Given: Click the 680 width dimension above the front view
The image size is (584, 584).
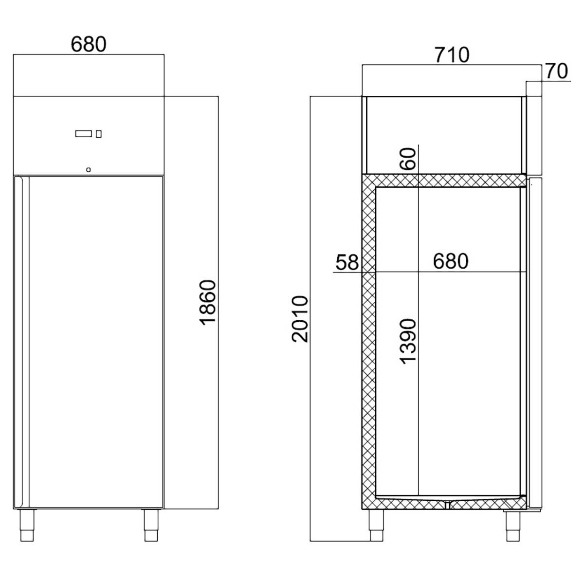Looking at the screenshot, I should click(x=88, y=44).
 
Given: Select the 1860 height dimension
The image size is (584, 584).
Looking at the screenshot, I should click(x=207, y=302).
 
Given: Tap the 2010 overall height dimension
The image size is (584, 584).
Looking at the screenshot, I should click(x=300, y=319).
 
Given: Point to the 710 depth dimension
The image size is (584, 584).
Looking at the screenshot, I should click(x=452, y=55).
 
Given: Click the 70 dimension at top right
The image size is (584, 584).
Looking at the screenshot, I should click(x=556, y=72).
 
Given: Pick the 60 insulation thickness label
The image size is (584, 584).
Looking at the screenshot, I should click(x=409, y=158).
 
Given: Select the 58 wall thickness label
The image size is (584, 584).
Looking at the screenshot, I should click(x=347, y=262).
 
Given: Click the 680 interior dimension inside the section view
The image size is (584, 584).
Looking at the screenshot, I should click(x=450, y=261).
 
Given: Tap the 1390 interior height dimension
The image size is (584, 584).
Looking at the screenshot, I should click(x=407, y=341).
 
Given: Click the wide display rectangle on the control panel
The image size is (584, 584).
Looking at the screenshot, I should click(x=83, y=133).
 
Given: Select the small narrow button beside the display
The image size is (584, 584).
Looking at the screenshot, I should click(x=99, y=133).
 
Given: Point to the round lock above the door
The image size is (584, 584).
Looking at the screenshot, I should click(x=88, y=170).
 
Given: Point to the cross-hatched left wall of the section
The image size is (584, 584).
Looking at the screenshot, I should click(x=368, y=341).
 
